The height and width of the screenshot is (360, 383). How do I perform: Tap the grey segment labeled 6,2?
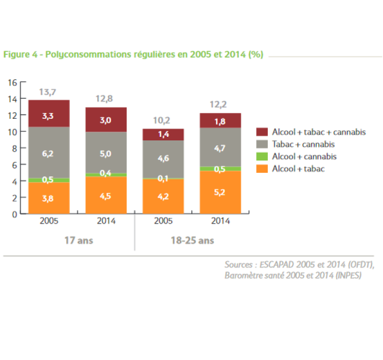click(48, 153)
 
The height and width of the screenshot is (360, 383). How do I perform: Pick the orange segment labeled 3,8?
click(48, 198)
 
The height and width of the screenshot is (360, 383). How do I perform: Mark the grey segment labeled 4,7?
click(220, 148)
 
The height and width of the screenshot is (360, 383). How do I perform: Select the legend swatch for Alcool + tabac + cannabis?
click(263, 132)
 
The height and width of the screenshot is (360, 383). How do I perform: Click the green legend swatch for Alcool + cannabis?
click(263, 156)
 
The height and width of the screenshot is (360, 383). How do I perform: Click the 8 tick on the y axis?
click(15, 148)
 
